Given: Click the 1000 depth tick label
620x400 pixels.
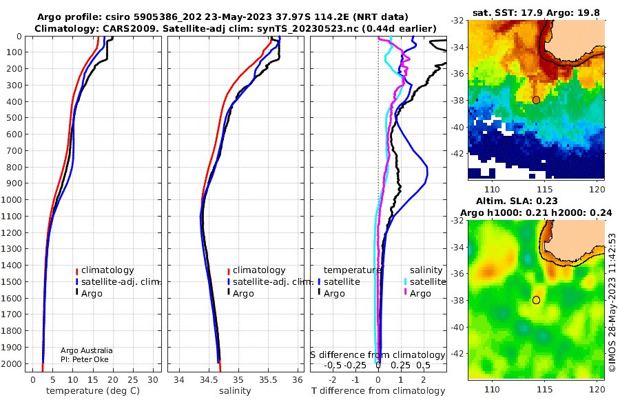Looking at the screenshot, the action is click(x=12, y=200).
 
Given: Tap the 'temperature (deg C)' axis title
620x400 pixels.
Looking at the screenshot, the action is click(x=93, y=391).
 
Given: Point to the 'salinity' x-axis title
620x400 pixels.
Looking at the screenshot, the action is click(x=235, y=391).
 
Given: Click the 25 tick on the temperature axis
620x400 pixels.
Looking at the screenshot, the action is click(x=133, y=380).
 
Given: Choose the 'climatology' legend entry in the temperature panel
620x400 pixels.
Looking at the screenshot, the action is click(x=105, y=270).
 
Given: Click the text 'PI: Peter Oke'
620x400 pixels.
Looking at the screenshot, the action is click(x=85, y=359).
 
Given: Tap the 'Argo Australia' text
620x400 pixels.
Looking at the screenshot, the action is click(x=86, y=350).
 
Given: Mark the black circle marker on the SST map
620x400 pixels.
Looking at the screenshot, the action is click(x=536, y=100).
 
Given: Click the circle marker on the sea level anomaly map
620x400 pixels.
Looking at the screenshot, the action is click(x=536, y=300).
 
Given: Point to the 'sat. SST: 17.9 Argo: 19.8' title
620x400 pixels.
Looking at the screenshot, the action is click(x=536, y=12).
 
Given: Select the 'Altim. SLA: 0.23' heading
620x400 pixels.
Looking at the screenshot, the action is click(x=517, y=201).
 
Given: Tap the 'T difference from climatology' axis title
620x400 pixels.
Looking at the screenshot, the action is click(x=378, y=391).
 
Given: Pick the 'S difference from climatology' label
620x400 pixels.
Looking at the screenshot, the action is click(x=378, y=355).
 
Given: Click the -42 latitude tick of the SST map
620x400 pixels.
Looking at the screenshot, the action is click(x=458, y=153).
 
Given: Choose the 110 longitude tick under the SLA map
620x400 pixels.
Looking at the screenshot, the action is click(x=493, y=389).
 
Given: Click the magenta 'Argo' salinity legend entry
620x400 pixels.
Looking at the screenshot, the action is click(x=417, y=294).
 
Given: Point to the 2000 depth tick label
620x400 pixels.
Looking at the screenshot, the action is click(x=12, y=364).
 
